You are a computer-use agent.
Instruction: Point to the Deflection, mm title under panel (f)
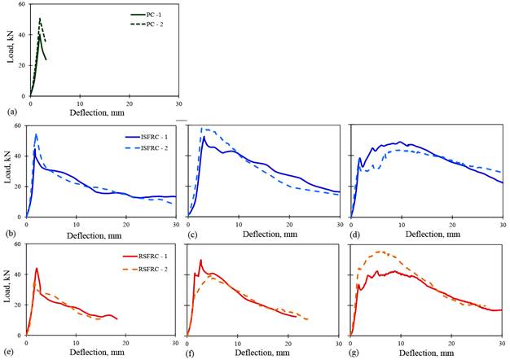263,352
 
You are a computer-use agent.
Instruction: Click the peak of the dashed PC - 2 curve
40,19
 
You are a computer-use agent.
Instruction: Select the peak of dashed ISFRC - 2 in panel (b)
36,134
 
